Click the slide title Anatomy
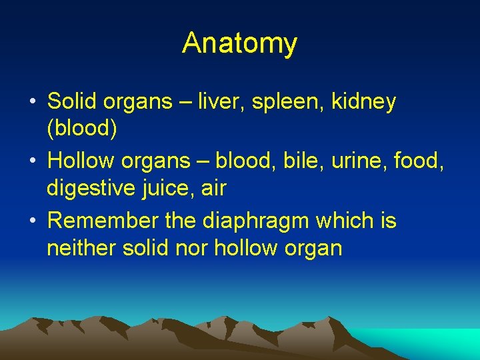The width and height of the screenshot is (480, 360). coord(239,43)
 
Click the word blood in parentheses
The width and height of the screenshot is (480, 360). coord(82,130)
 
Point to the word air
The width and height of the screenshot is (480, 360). coord(213,189)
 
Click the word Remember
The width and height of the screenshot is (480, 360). coord(103,220)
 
